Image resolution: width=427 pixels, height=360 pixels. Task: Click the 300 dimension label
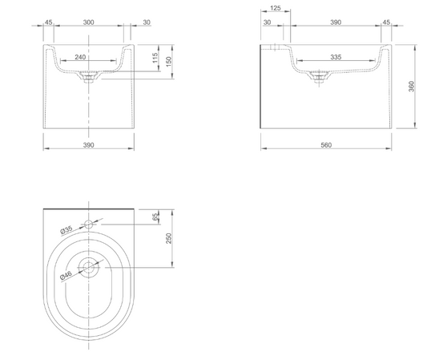point(88,22)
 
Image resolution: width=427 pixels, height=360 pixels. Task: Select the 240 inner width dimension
point(80,57)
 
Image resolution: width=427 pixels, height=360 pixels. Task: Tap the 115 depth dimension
point(155,58)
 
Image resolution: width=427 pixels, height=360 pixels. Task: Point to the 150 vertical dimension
point(168,62)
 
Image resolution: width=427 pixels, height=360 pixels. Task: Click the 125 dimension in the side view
point(276,8)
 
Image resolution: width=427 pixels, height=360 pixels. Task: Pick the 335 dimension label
point(336,57)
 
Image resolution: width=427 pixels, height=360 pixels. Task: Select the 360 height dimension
point(411,87)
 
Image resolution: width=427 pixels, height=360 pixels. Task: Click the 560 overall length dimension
point(326,145)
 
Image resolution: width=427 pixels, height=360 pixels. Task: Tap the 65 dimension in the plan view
point(155,217)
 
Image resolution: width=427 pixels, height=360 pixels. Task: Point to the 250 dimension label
point(169,238)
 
